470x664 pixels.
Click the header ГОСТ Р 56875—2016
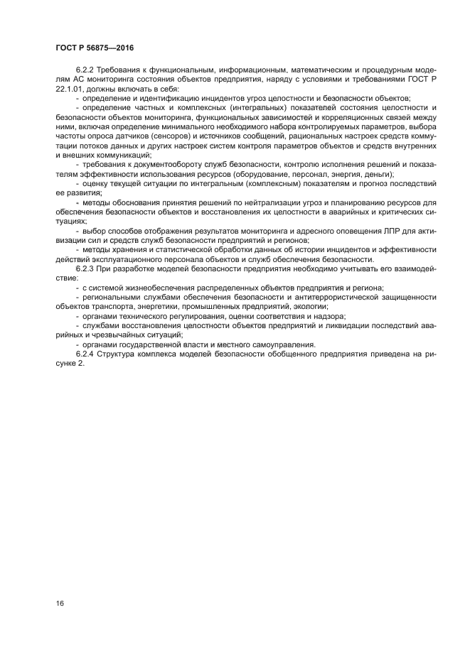click(94, 48)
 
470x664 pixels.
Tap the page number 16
click(59, 603)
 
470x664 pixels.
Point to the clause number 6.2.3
click(86, 270)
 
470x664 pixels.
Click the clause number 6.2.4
click(86, 354)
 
